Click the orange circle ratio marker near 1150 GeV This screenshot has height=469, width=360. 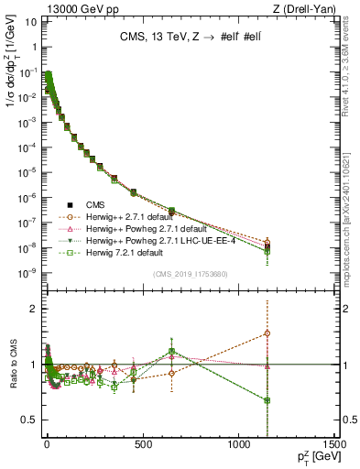[x=267, y=333]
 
